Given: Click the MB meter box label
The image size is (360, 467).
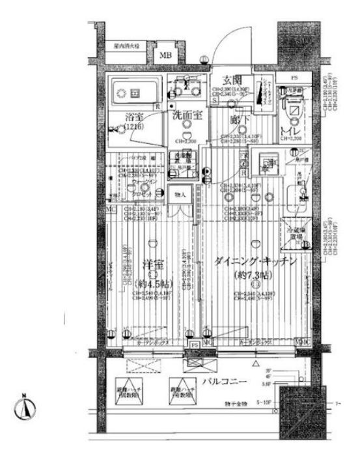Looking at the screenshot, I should click(x=166, y=55).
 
